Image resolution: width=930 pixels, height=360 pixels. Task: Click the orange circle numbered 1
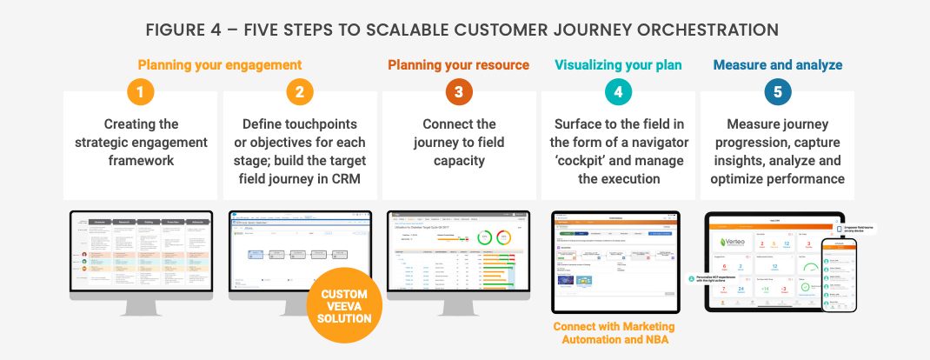[140, 92]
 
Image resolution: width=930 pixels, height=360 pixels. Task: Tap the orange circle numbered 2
[299, 92]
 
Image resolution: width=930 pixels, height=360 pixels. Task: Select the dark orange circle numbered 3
[458, 92]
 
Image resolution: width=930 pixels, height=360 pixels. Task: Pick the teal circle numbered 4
[618, 92]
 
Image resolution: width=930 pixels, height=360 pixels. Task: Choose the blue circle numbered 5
[777, 92]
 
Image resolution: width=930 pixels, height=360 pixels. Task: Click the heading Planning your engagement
[220, 65]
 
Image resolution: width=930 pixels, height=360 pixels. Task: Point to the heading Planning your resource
[458, 65]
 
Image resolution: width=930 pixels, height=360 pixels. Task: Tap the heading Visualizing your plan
[618, 65]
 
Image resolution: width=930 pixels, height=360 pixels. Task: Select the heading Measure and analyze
[777, 65]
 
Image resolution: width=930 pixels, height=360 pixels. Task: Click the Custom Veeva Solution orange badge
[343, 305]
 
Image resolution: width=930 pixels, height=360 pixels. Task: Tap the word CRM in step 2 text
[351, 178]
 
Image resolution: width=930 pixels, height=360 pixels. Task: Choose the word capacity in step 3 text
[458, 160]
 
